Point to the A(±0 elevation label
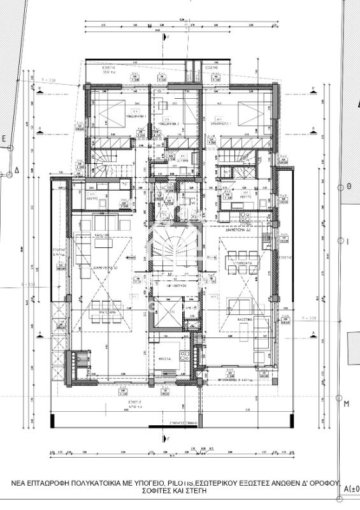[x=351, y=489]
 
